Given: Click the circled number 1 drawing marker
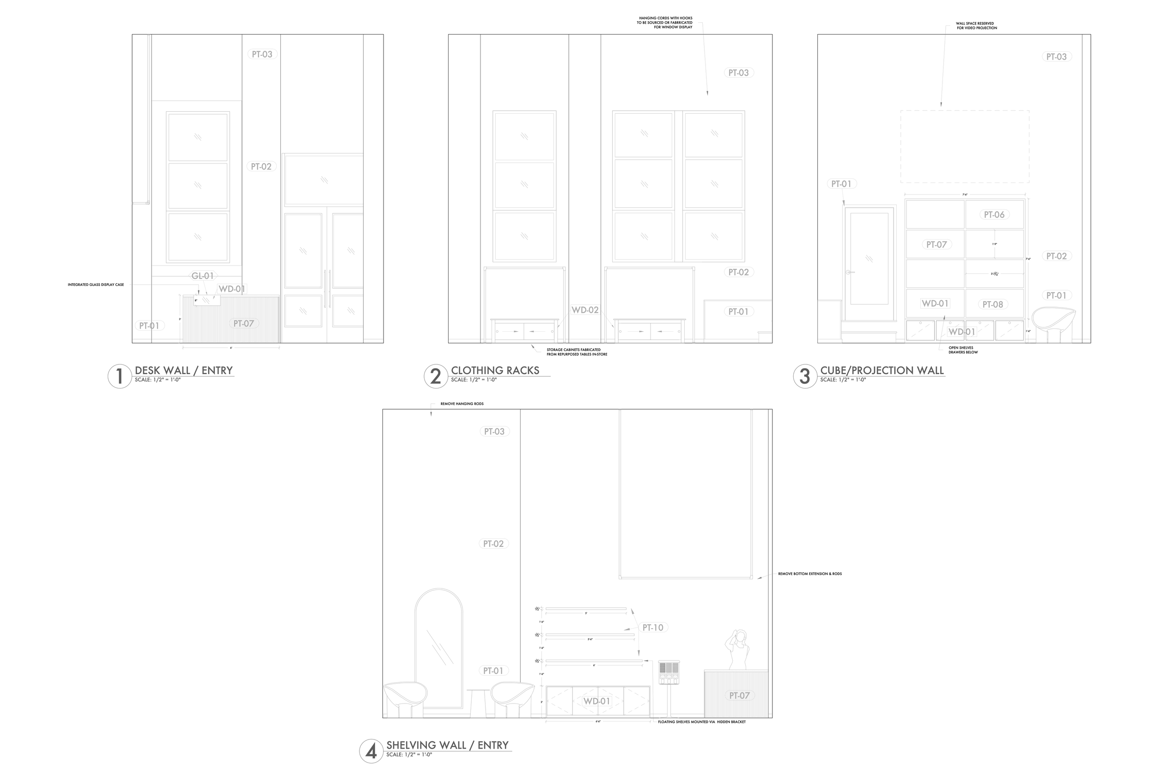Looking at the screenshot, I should (119, 376).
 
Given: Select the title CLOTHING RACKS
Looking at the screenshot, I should (495, 370).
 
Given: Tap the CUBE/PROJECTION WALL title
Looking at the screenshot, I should (882, 370).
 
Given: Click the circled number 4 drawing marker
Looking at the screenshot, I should (371, 752).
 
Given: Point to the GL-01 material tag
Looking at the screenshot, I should (202, 276).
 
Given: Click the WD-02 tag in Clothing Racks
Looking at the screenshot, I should (585, 310).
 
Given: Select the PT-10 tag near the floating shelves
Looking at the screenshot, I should (653, 628).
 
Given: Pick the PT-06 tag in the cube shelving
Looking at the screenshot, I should (994, 215).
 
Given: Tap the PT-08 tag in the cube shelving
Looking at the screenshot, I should (992, 304).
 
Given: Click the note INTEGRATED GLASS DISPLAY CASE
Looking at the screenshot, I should (96, 285).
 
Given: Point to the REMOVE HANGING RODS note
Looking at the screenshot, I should (462, 404).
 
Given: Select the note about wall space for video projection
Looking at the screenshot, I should (976, 25).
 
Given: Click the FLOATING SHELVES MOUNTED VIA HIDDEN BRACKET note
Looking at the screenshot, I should (702, 722).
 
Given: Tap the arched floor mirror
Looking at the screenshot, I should (438, 648).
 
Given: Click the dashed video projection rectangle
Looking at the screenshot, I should (965, 146).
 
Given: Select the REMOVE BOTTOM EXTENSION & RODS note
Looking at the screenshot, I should (810, 574).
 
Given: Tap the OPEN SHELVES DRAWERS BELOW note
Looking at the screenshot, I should (963, 350).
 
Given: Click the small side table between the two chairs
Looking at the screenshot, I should (478, 702).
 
